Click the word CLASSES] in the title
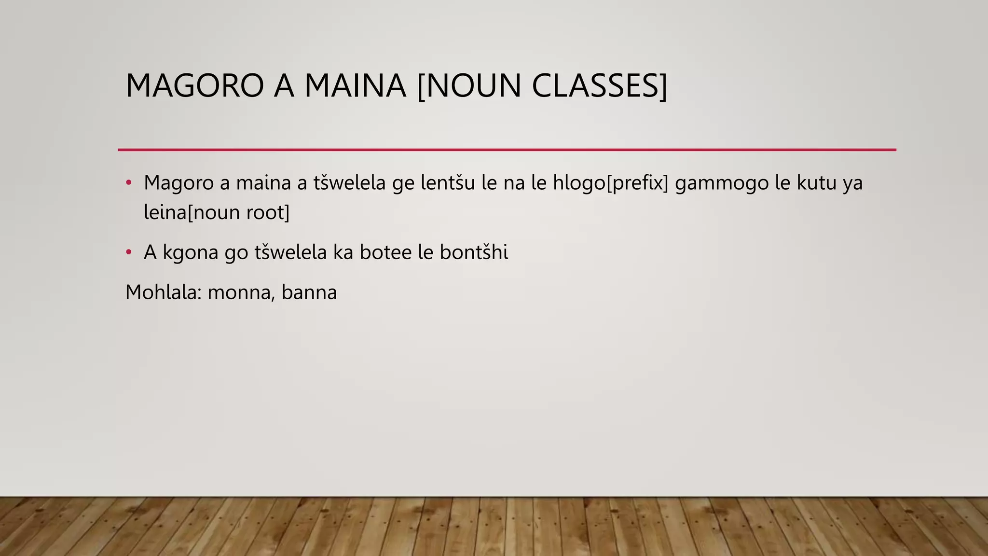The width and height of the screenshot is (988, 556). pyautogui.click(x=599, y=86)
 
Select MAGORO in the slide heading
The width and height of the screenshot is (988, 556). pyautogui.click(x=194, y=86)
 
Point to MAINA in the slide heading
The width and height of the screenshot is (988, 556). pyautogui.click(x=355, y=86)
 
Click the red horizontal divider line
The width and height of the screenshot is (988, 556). pyautogui.click(x=507, y=150)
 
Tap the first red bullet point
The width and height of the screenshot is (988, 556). pyautogui.click(x=128, y=182)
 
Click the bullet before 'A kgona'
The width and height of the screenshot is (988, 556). pyautogui.click(x=128, y=252)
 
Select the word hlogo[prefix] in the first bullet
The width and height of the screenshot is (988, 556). pyautogui.click(x=611, y=183)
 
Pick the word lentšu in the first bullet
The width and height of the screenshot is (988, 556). pyautogui.click(x=448, y=183)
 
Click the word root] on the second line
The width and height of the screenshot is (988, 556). pyautogui.click(x=268, y=212)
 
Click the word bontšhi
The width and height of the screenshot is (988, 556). pyautogui.click(x=474, y=252)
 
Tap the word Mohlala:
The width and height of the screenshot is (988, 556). pyautogui.click(x=163, y=292)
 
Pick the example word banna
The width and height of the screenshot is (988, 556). pyautogui.click(x=309, y=292)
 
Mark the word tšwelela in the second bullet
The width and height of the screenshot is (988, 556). pyautogui.click(x=290, y=252)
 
